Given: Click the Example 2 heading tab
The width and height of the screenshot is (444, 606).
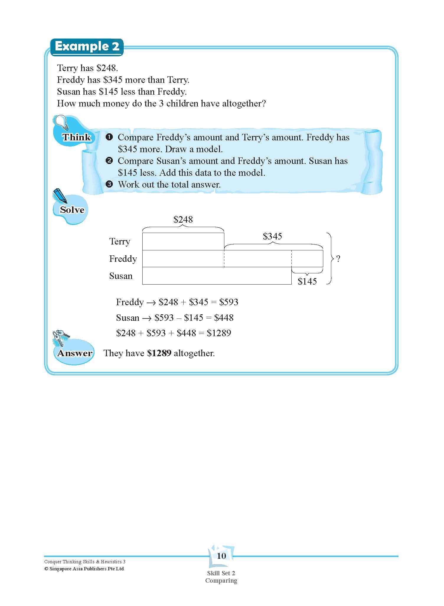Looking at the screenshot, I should click(87, 47).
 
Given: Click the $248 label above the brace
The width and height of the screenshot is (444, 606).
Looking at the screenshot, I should click(183, 220).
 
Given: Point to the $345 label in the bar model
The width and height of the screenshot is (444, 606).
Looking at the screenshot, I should click(272, 236).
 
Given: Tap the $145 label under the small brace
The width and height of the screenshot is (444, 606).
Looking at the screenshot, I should click(307, 282).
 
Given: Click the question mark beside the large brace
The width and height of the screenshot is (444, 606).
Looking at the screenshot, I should click(338, 259).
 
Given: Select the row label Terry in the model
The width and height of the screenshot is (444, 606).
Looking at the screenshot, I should click(120, 242).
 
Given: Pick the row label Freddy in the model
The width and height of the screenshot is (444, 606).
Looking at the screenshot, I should click(123, 259).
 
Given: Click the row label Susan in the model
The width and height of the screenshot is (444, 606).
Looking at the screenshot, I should click(121, 276).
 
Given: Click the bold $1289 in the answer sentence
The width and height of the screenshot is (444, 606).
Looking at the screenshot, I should click(159, 353).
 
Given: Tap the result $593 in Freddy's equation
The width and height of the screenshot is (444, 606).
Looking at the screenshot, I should click(228, 302).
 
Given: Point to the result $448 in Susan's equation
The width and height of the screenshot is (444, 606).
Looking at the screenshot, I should click(224, 318).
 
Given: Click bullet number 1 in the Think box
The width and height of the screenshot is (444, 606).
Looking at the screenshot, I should click(109, 137).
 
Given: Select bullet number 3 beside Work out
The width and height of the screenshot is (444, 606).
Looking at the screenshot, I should click(109, 185).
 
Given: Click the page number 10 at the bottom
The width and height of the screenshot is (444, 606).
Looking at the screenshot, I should click(221, 556).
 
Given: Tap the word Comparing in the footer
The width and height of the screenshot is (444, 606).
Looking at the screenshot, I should click(221, 581).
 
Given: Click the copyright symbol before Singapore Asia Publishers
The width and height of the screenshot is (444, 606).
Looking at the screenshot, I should click(46, 569).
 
